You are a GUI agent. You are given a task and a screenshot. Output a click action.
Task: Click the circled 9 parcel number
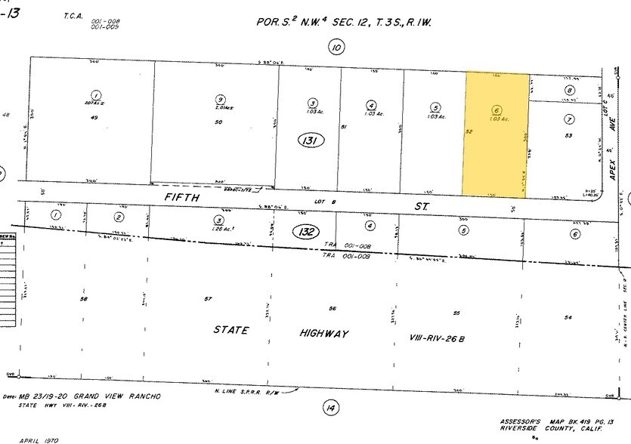(219, 99)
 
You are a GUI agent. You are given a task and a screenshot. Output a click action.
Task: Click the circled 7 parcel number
(569, 119)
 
